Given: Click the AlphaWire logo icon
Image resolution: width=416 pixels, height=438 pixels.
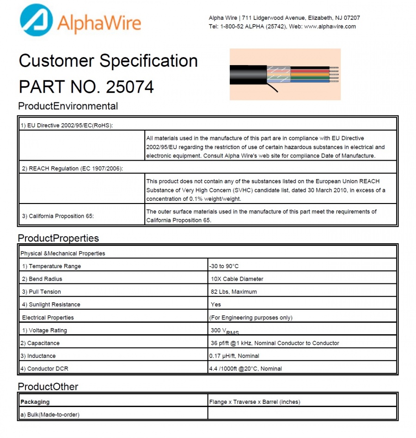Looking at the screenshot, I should coord(36,20).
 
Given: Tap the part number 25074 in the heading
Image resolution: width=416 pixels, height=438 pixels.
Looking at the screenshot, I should coord(130,87).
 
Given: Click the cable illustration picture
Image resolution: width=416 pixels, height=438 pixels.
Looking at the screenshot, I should coord(285,74).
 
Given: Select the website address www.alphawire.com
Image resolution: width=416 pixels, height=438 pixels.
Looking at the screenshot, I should coord(330,26).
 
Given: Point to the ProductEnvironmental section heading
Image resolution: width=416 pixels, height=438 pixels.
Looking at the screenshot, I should coord(68,106).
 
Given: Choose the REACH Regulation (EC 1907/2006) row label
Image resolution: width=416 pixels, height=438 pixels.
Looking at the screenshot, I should coord(73,168).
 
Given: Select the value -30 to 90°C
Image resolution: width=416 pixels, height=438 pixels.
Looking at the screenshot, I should coord(224,266).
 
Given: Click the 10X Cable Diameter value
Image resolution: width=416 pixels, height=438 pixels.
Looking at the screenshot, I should coord(237,279).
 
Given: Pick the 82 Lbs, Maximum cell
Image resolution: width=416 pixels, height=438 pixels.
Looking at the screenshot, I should coord(233,292).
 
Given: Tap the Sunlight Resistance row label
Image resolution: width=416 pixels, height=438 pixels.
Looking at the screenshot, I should coord(51,305).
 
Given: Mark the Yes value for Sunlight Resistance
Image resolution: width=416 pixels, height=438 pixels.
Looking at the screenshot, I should coord(215,305).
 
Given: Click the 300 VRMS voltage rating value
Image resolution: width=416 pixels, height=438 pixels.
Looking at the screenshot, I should coord(225,331).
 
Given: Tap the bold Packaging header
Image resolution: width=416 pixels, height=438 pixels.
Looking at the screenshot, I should coord(35,402).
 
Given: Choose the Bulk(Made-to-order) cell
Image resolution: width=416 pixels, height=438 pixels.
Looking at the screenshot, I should coord(49,414).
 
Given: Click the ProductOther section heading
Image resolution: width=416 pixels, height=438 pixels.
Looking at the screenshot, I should coord(48,386).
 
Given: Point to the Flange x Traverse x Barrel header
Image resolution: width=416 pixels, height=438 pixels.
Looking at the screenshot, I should coord(255,402).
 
